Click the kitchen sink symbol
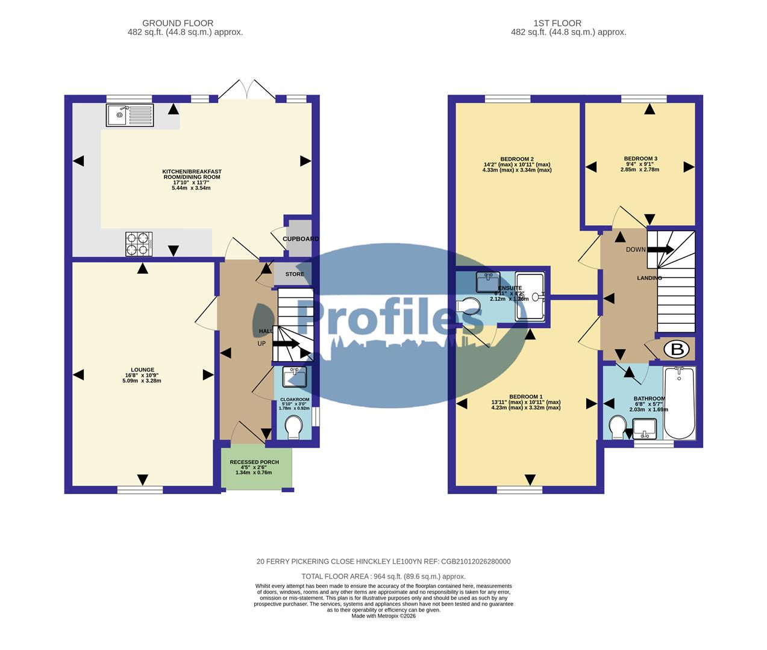tap(130, 115)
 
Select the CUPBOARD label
tap(301, 239)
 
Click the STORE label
tap(295, 274)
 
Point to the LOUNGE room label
tap(143, 370)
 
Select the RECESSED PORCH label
tap(254, 462)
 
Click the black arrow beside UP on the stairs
tap(286, 344)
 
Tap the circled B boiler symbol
tap(676, 349)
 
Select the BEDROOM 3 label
tap(640, 159)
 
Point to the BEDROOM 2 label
tap(517, 159)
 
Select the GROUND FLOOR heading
tap(178, 23)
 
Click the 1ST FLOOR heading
tap(557, 23)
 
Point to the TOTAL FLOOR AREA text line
tap(383, 576)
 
